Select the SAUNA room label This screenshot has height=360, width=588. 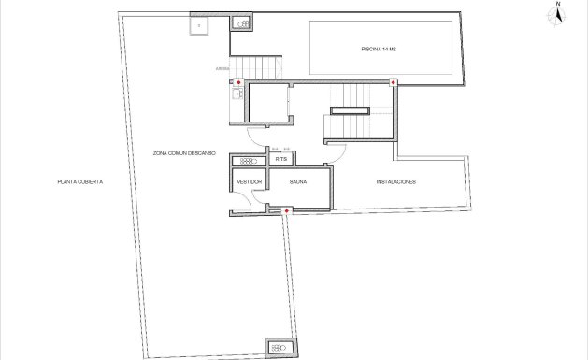298,182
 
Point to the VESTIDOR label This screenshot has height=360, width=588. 249,182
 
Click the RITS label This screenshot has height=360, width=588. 280,159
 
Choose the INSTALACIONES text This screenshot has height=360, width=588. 395,181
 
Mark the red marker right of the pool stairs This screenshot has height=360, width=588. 393,83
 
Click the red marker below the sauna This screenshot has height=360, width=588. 285,211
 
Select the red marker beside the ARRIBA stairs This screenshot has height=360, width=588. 238,83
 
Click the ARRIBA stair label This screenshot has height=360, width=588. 221,68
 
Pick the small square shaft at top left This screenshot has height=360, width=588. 201,25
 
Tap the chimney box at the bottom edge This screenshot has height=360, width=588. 279,347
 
